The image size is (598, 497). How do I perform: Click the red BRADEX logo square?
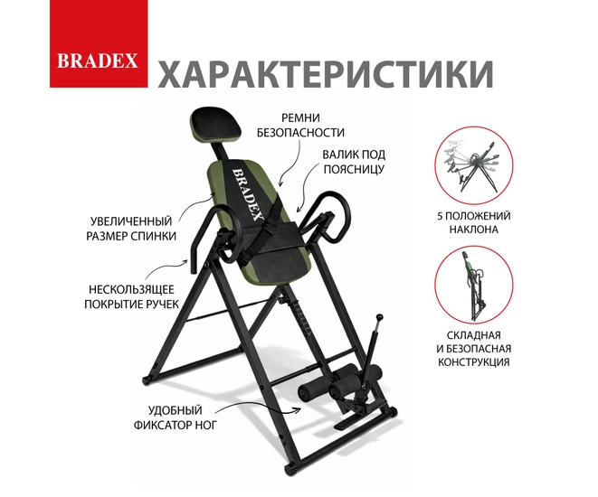[99, 43]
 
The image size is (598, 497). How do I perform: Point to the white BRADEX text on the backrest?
[248, 194]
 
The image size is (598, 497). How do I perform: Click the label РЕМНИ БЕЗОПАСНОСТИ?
[300, 125]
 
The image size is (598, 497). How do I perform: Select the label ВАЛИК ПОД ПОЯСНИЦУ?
[354, 162]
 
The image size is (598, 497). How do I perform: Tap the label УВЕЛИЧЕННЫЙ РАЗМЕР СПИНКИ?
[131, 229]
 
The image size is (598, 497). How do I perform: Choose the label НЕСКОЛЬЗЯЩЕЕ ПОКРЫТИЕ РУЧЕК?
[131, 296]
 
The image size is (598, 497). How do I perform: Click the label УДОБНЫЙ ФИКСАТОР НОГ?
[175, 417]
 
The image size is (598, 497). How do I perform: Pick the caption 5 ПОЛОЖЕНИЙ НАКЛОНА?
[474, 222]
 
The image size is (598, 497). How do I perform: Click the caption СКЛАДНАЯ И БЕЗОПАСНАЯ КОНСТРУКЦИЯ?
[474, 348]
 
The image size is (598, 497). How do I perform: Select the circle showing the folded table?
[474, 285]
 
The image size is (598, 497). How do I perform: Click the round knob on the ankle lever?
[379, 316]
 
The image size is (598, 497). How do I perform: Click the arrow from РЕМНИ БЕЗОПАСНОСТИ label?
[291, 164]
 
